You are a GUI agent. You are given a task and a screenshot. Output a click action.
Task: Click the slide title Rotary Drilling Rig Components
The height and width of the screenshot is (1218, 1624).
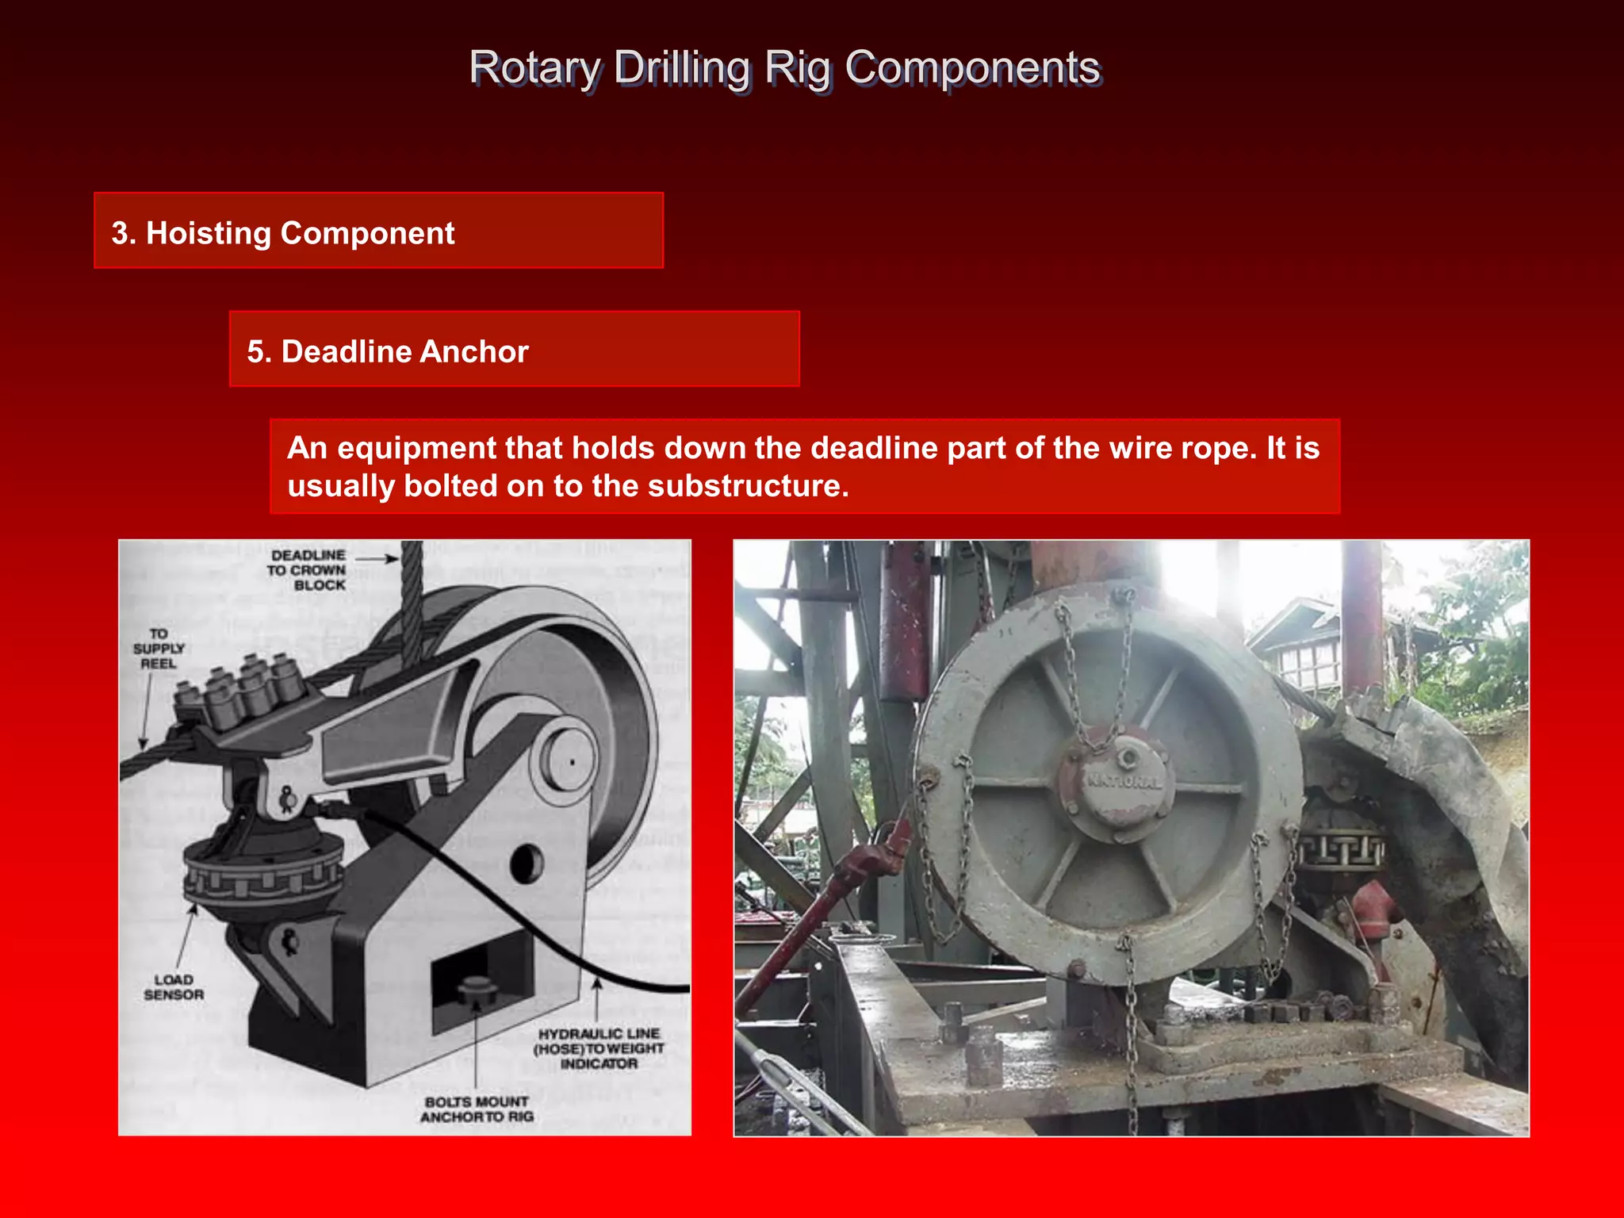tap(783, 68)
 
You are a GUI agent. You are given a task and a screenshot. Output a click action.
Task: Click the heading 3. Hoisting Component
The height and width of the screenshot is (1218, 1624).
tap(283, 233)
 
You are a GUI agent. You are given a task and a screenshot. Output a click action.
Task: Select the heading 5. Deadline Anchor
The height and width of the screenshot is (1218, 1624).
tap(388, 351)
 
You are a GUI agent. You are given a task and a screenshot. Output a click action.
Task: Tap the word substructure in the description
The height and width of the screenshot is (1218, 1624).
tap(747, 486)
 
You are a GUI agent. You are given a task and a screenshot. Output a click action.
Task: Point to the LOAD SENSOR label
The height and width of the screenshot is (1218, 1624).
tap(174, 987)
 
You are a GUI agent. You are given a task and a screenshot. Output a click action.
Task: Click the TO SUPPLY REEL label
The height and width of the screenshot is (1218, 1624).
tap(159, 649)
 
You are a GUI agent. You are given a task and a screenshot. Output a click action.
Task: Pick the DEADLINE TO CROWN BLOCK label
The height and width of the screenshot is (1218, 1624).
tap(308, 570)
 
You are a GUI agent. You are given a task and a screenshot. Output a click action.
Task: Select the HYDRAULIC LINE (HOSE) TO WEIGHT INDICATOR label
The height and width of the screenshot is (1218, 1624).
tap(599, 1048)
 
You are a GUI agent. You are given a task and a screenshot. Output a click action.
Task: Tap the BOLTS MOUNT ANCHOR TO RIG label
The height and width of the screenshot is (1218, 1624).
tap(477, 1109)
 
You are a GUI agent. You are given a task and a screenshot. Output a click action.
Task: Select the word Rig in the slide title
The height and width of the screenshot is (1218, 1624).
tap(798, 68)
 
